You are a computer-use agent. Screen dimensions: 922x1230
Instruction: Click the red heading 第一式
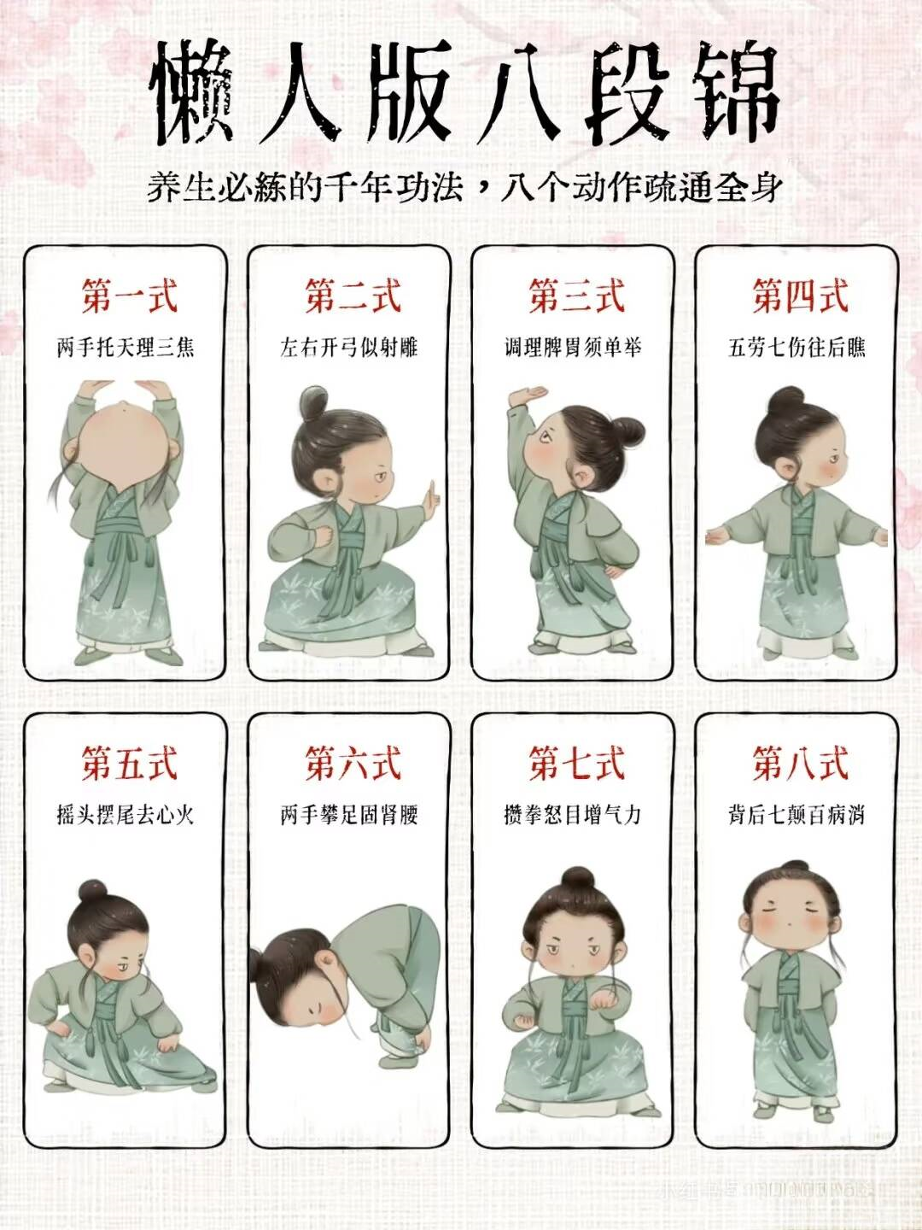click(129, 296)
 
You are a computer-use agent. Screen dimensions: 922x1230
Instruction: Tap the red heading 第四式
click(799, 296)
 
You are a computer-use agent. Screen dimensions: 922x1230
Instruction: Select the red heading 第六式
click(353, 764)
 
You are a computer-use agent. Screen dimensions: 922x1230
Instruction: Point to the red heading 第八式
click(799, 764)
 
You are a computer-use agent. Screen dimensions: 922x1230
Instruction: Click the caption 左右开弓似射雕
click(349, 348)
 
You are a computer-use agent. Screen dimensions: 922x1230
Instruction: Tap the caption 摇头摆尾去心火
click(125, 815)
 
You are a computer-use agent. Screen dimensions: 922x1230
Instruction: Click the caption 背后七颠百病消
click(797, 815)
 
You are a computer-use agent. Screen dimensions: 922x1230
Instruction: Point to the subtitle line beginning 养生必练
click(464, 188)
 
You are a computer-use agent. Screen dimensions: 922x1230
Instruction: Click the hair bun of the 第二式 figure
click(314, 401)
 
